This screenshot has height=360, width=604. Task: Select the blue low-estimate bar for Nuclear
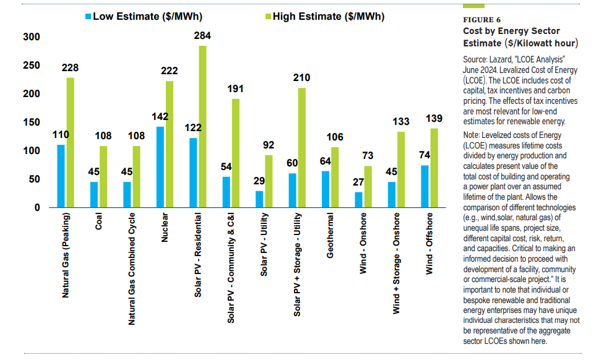(160, 167)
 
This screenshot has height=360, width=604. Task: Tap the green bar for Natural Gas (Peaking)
(70, 142)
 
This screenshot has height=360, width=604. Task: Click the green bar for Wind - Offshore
(434, 168)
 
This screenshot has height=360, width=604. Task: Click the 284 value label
(202, 36)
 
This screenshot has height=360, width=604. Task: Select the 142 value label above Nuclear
(160, 117)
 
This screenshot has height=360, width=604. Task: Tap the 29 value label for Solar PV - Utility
(260, 182)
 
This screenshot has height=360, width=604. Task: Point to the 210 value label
(302, 78)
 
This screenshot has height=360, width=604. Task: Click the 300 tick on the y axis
(32, 37)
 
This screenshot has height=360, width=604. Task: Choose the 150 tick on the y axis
(32, 122)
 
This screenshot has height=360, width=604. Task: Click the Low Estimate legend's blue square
(87, 17)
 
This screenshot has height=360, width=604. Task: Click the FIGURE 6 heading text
(483, 20)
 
